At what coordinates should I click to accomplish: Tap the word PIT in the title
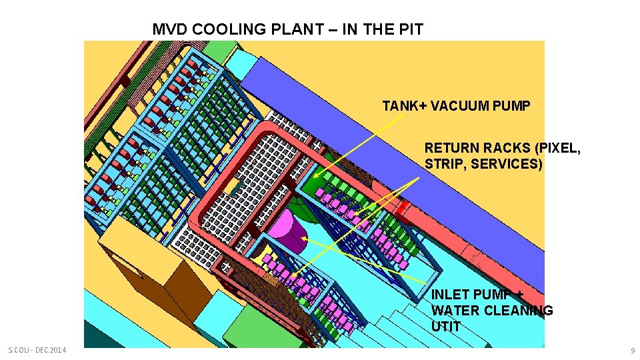point(409,29)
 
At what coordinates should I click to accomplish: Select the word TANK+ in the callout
point(405,105)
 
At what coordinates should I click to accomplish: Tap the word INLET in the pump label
point(451,295)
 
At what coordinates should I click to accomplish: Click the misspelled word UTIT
point(446,326)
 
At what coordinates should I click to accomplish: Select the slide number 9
point(632,350)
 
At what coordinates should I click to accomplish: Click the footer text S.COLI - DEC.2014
point(37,350)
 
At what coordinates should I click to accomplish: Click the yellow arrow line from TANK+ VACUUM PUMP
point(360,144)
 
